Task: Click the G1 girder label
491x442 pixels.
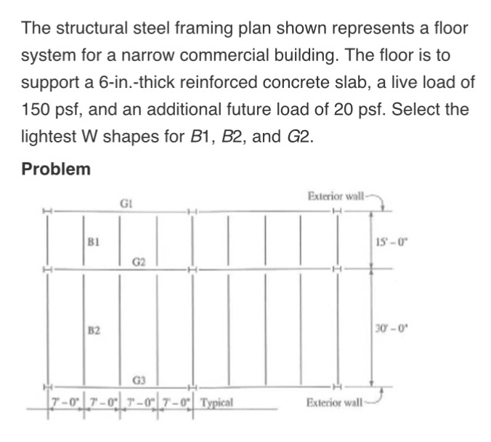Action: [x=126, y=204]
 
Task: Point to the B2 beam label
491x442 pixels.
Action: [x=93, y=331]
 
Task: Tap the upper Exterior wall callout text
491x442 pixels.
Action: [x=336, y=196]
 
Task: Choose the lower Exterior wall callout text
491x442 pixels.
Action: [x=335, y=401]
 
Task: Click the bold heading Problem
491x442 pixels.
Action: [x=56, y=169]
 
